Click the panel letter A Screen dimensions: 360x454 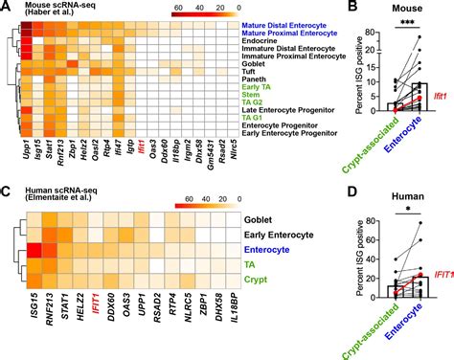click(7, 8)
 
